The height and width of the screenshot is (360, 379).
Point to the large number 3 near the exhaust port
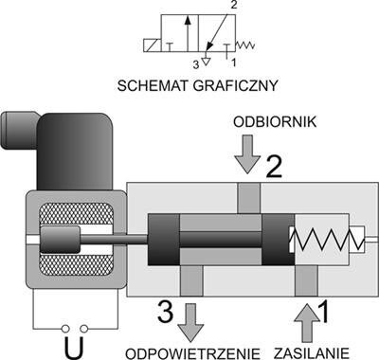(162, 311)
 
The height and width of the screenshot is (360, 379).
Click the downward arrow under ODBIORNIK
(247, 155)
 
